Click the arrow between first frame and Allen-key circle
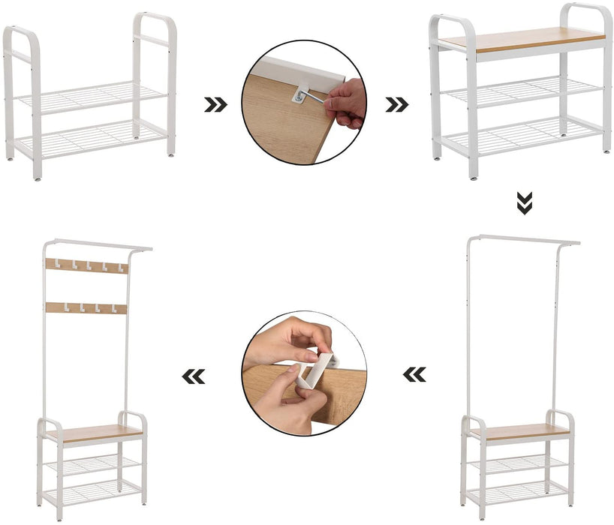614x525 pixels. pyautogui.click(x=215, y=105)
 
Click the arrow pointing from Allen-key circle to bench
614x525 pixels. pyautogui.click(x=396, y=105)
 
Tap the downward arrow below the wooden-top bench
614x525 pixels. pyautogui.click(x=525, y=202)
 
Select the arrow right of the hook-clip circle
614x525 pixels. pyautogui.click(x=414, y=373)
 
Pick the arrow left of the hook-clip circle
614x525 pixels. pyautogui.click(x=194, y=376)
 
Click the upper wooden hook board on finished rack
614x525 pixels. pyautogui.click(x=86, y=265)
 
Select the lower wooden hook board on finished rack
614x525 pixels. pyautogui.click(x=86, y=307)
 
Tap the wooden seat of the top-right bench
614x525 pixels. pyautogui.click(x=522, y=39)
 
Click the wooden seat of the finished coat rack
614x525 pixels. pyautogui.click(x=93, y=433)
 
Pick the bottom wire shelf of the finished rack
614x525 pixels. pyautogui.click(x=93, y=491)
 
